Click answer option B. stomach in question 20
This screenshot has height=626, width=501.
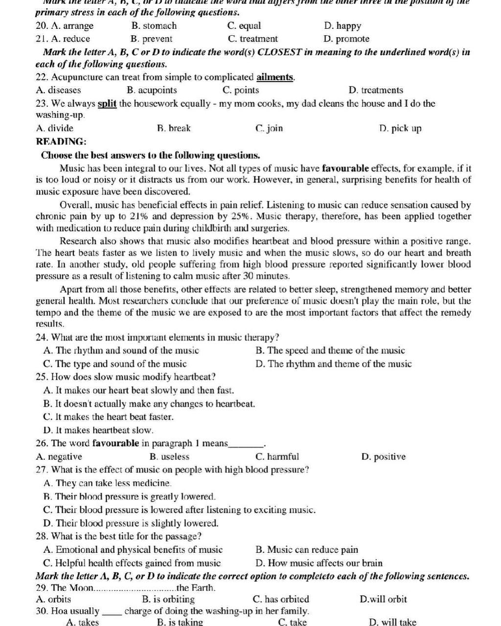154,26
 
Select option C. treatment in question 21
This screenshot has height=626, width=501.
252,39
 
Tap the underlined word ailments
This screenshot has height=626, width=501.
275,77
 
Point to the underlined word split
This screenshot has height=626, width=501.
107,104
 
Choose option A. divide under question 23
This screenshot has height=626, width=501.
55,129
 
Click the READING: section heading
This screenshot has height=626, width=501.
61,142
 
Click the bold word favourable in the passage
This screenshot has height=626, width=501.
345,169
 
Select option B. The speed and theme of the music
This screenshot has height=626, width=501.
330,350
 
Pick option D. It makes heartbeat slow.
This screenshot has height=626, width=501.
98,431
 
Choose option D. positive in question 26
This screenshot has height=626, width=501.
384,457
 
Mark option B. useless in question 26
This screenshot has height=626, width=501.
169,457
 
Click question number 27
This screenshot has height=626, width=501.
42,470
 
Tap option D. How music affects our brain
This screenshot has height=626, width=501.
319,563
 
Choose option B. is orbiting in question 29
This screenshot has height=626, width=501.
168,599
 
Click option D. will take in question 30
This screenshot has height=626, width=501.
393,622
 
